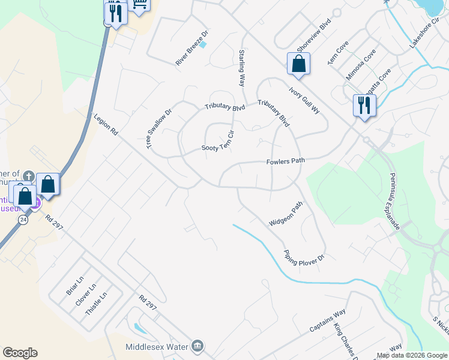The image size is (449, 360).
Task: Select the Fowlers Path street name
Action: point(286,161)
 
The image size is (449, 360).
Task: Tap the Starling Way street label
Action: point(242,69)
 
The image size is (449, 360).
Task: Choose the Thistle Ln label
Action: point(97,304)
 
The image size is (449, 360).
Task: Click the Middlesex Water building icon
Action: point(197,346)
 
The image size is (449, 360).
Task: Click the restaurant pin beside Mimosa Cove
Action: point(364,106)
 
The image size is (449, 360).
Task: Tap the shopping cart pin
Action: point(140,5)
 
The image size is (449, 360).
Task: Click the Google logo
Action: point(20,353)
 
